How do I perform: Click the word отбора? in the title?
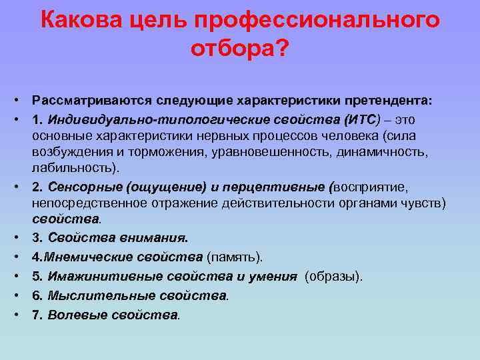coord(240,49)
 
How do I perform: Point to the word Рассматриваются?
coord(91,100)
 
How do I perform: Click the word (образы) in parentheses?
coord(334,277)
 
